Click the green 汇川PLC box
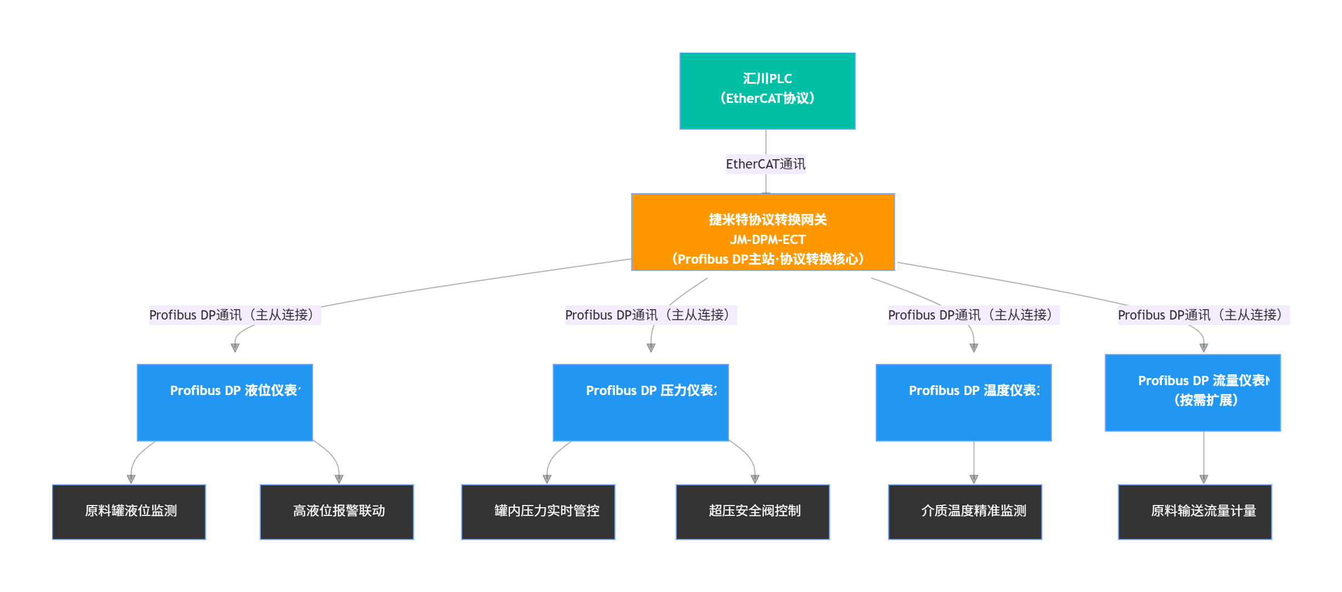[x=767, y=91]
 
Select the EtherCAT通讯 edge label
[x=765, y=164]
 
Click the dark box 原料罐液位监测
[x=129, y=512]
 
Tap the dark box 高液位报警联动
[x=337, y=512]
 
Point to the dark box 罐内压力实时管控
[x=538, y=512]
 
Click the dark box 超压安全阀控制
[x=753, y=512]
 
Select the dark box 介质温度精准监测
[x=965, y=512]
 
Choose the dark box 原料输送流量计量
[x=1195, y=512]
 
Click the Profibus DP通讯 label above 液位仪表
[x=234, y=315]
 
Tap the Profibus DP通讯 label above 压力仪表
[x=650, y=315]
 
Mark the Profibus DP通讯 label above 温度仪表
[x=973, y=315]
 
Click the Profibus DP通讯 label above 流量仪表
[x=1203, y=315]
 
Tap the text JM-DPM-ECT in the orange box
[x=767, y=240]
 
